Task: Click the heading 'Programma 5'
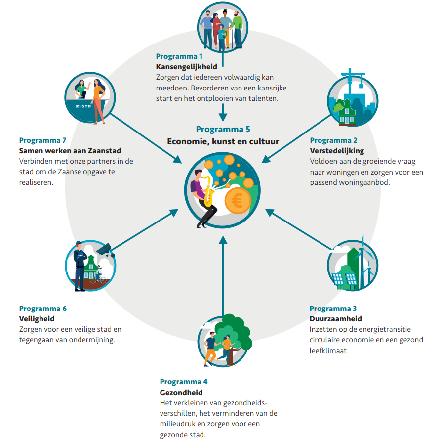pyautogui.click(x=223, y=130)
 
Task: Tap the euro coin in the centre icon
pyautogui.click(x=237, y=201)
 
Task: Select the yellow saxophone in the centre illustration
pyautogui.click(x=209, y=191)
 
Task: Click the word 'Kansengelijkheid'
pyautogui.click(x=186, y=67)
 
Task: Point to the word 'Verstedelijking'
pyautogui.click(x=337, y=150)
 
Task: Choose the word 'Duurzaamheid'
pyautogui.click(x=335, y=319)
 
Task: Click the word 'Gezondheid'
pyautogui.click(x=181, y=393)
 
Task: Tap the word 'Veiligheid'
pyautogui.click(x=37, y=319)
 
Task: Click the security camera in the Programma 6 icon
pyautogui.click(x=105, y=249)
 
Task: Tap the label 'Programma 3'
pyautogui.click(x=333, y=309)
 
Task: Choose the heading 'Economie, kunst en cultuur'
pyautogui.click(x=223, y=141)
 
